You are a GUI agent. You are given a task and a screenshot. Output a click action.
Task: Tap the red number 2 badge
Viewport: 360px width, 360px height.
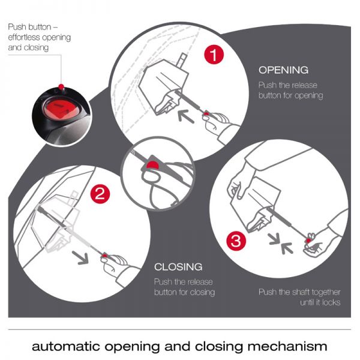(x=100, y=193)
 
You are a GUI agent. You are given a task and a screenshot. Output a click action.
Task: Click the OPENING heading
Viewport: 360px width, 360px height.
(x=283, y=70)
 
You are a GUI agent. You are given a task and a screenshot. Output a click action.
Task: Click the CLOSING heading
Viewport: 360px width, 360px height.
(x=178, y=266)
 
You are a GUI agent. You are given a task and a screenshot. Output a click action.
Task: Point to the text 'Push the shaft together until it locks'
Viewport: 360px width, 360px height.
(x=299, y=297)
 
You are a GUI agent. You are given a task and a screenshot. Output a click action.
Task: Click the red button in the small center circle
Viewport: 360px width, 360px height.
(x=154, y=164)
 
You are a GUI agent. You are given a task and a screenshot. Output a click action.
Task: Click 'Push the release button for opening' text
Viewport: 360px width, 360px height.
(x=290, y=90)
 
